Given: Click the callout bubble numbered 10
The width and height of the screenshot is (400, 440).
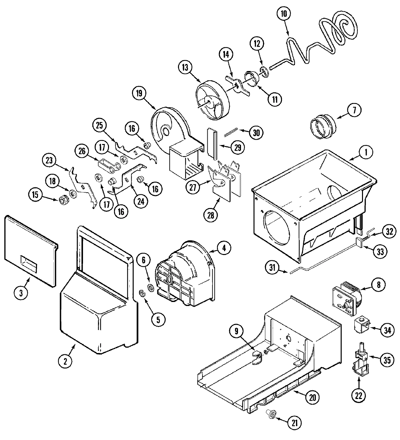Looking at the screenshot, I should [284, 14].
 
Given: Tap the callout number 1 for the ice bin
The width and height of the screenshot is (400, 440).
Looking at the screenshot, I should [366, 152].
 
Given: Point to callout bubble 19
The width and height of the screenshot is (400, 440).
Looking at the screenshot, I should [139, 94].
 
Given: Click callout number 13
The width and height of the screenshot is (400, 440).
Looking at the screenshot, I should [185, 68].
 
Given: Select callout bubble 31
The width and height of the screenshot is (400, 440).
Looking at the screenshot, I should [273, 267].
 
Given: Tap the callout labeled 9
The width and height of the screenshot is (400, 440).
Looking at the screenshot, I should [236, 331].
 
